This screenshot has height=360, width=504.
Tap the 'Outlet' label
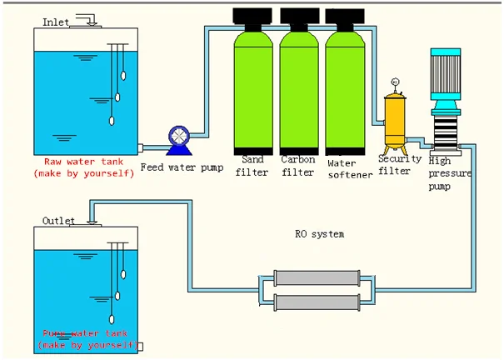coord(58,221)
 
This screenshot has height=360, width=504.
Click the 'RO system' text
coord(319,235)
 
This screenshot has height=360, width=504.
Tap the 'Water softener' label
coord(349,169)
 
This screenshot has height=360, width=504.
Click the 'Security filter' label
coord(394,164)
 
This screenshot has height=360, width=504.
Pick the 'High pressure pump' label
coord(449,172)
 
